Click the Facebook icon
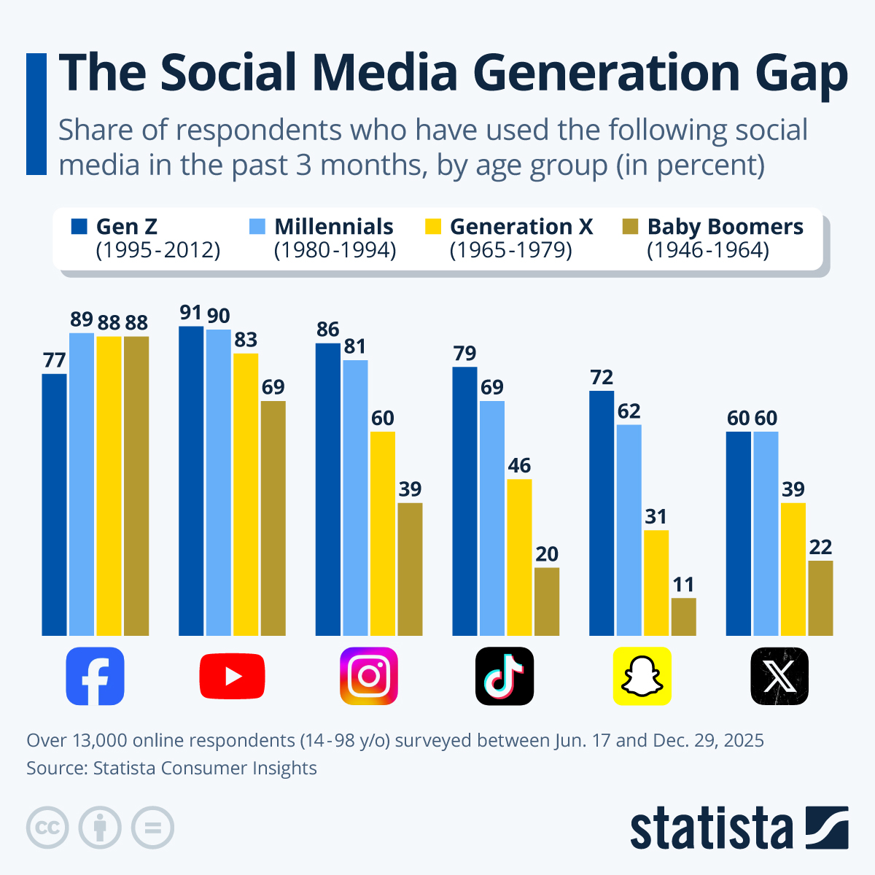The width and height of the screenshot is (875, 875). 95,676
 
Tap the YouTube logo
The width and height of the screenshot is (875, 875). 232,676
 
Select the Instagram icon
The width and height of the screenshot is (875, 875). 369,676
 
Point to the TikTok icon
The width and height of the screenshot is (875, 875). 505,676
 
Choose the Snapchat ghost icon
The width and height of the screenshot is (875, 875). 642,676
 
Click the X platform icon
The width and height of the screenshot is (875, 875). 779,676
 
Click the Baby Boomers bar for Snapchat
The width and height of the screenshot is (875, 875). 683,617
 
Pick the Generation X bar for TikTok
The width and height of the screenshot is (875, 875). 519,557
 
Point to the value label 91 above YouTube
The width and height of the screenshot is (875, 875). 190,313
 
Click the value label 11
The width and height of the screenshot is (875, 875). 683,585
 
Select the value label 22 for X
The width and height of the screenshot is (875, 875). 820,547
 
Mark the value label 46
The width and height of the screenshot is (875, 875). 519,465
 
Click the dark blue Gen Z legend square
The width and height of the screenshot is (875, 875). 79,227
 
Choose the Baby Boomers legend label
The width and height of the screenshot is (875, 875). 725,227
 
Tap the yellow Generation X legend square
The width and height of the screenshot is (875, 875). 433,227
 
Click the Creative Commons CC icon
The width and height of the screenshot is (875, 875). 47,828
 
